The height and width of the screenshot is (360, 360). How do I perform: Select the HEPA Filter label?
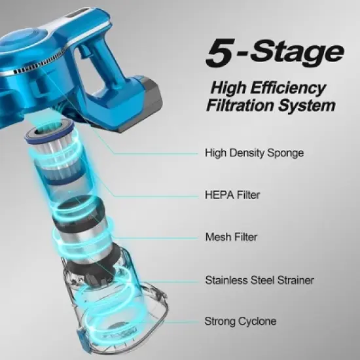click(231, 194)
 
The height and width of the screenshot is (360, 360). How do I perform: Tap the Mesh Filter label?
click(230, 238)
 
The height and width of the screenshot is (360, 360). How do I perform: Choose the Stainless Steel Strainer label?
click(259, 280)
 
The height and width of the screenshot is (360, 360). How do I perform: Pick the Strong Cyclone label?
click(240, 321)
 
